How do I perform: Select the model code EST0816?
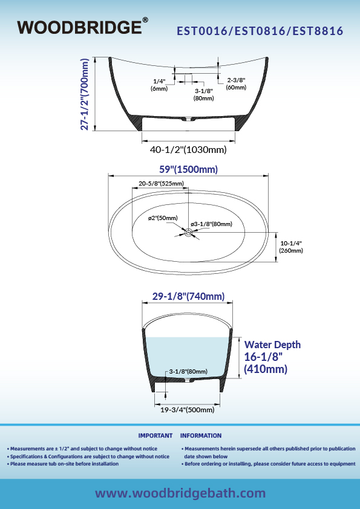260,31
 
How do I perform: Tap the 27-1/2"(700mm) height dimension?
85,94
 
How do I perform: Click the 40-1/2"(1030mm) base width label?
188,150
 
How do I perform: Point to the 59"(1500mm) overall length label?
188,169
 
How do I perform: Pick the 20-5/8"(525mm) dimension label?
161,183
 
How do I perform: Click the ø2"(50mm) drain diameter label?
163,218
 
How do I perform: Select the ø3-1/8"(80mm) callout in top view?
212,224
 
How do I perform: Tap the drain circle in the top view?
188,232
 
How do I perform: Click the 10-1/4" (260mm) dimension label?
291,247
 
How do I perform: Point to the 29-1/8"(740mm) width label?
188,296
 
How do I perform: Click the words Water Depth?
272,345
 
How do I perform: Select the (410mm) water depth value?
266,369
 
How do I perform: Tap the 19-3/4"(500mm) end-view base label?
188,410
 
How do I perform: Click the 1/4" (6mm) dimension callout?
159,85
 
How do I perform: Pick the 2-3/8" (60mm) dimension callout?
236,83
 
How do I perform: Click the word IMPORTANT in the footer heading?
155,436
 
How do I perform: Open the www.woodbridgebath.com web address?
180,493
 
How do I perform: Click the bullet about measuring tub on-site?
63,464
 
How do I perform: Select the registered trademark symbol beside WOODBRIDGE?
145,20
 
